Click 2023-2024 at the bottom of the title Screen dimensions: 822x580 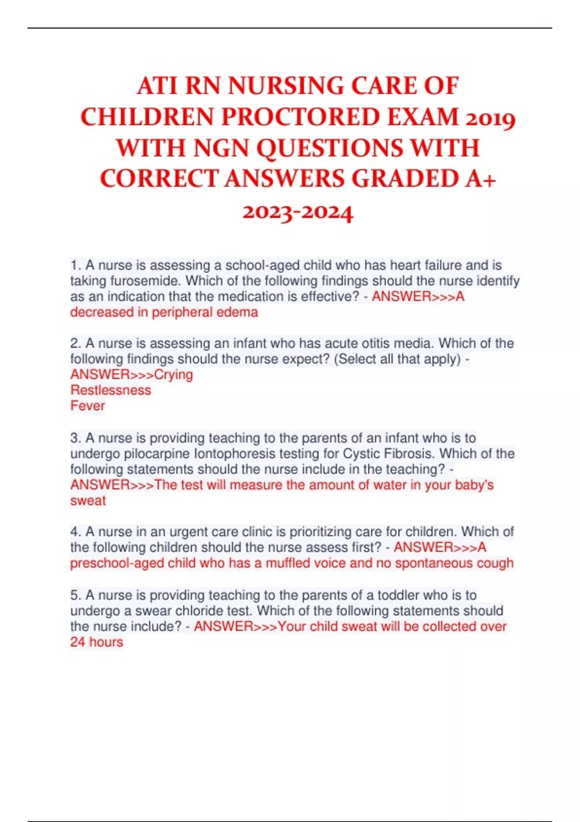click(298, 211)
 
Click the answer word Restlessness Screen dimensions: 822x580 click(111, 390)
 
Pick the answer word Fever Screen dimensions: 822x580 click(87, 406)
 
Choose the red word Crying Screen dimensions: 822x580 click(174, 375)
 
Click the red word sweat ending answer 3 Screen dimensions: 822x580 click(87, 500)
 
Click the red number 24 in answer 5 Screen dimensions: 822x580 click(77, 642)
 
